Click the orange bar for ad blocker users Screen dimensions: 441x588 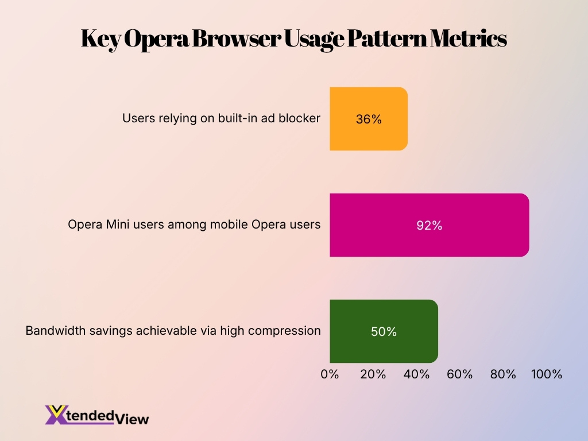(368, 119)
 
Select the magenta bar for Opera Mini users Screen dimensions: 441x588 (429, 225)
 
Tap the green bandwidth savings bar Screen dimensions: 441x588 (384, 331)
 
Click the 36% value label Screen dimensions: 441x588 (369, 119)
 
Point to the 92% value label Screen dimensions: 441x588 (429, 226)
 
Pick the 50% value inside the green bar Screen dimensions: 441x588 (384, 332)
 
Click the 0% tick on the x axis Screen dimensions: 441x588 (330, 374)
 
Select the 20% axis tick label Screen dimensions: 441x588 (373, 374)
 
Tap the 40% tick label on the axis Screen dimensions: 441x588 (416, 374)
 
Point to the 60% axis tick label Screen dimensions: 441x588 (459, 374)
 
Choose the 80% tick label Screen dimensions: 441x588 (503, 374)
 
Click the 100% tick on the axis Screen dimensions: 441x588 (546, 374)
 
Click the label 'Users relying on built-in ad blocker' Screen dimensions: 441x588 (221, 118)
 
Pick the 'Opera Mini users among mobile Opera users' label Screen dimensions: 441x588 (194, 225)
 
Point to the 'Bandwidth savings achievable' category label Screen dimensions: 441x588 (173, 331)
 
